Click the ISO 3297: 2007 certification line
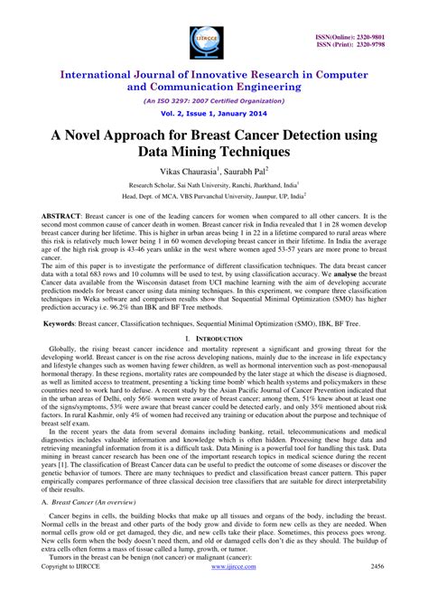pyautogui.click(x=214, y=103)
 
